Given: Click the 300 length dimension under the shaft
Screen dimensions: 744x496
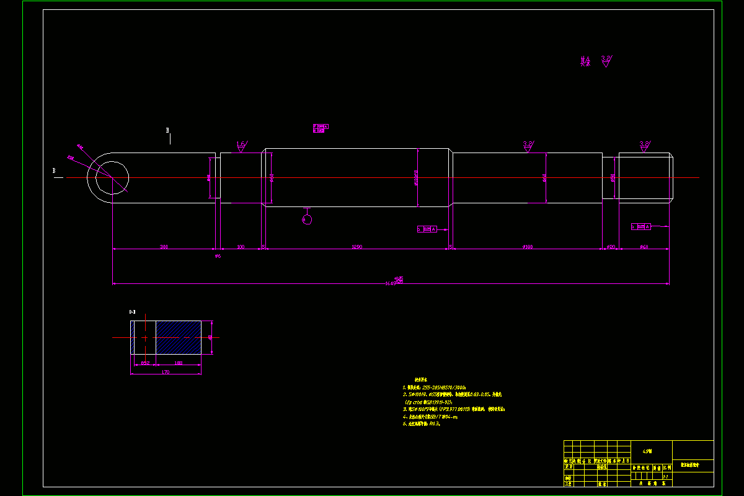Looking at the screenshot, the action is [164, 247].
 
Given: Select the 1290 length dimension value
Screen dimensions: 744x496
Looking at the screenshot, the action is [356, 247].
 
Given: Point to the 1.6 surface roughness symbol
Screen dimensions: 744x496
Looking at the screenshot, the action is [241, 146].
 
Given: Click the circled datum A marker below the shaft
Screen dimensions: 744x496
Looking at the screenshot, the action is [307, 219].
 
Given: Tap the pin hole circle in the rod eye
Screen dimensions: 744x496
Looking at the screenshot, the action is [112, 177].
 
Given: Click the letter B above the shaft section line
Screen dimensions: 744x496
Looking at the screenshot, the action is [167, 130].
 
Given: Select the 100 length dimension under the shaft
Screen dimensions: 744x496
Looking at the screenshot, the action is [241, 247].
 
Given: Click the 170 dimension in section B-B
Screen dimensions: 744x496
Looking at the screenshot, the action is [166, 372].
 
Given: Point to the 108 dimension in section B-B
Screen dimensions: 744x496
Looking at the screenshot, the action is [179, 363].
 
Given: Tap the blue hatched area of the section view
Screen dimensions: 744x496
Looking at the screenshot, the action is [178, 337].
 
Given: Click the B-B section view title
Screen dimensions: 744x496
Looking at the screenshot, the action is [133, 311].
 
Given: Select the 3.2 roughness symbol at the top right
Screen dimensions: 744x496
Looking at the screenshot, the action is [606, 60].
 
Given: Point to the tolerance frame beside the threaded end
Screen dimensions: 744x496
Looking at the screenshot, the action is [642, 226].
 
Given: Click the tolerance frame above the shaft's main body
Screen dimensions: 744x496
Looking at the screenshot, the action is [321, 128].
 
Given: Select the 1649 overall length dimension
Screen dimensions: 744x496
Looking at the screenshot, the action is [392, 283].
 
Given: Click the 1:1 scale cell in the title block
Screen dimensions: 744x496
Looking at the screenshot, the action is [665, 476].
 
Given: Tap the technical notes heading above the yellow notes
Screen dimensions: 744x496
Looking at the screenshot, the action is [422, 379].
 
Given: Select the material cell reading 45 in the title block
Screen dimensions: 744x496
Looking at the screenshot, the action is [648, 451].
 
